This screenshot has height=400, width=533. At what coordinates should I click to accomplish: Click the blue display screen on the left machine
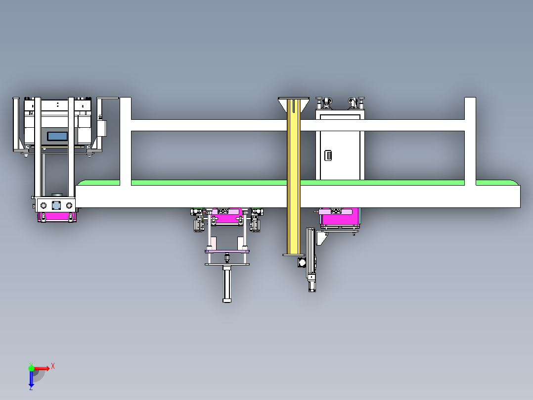pos(57,136)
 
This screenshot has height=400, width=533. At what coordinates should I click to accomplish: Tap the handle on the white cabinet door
pos(328,155)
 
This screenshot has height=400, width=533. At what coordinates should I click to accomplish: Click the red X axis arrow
pos(42,368)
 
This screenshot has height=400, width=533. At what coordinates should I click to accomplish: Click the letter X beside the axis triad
pos(53,366)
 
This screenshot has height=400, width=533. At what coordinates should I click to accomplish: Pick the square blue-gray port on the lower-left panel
pos(56,205)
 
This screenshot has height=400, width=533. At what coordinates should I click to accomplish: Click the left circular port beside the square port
pos(44,205)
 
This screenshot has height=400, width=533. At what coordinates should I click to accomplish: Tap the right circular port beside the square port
pos(69,205)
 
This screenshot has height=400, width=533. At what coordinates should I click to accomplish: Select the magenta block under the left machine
pos(57,216)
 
